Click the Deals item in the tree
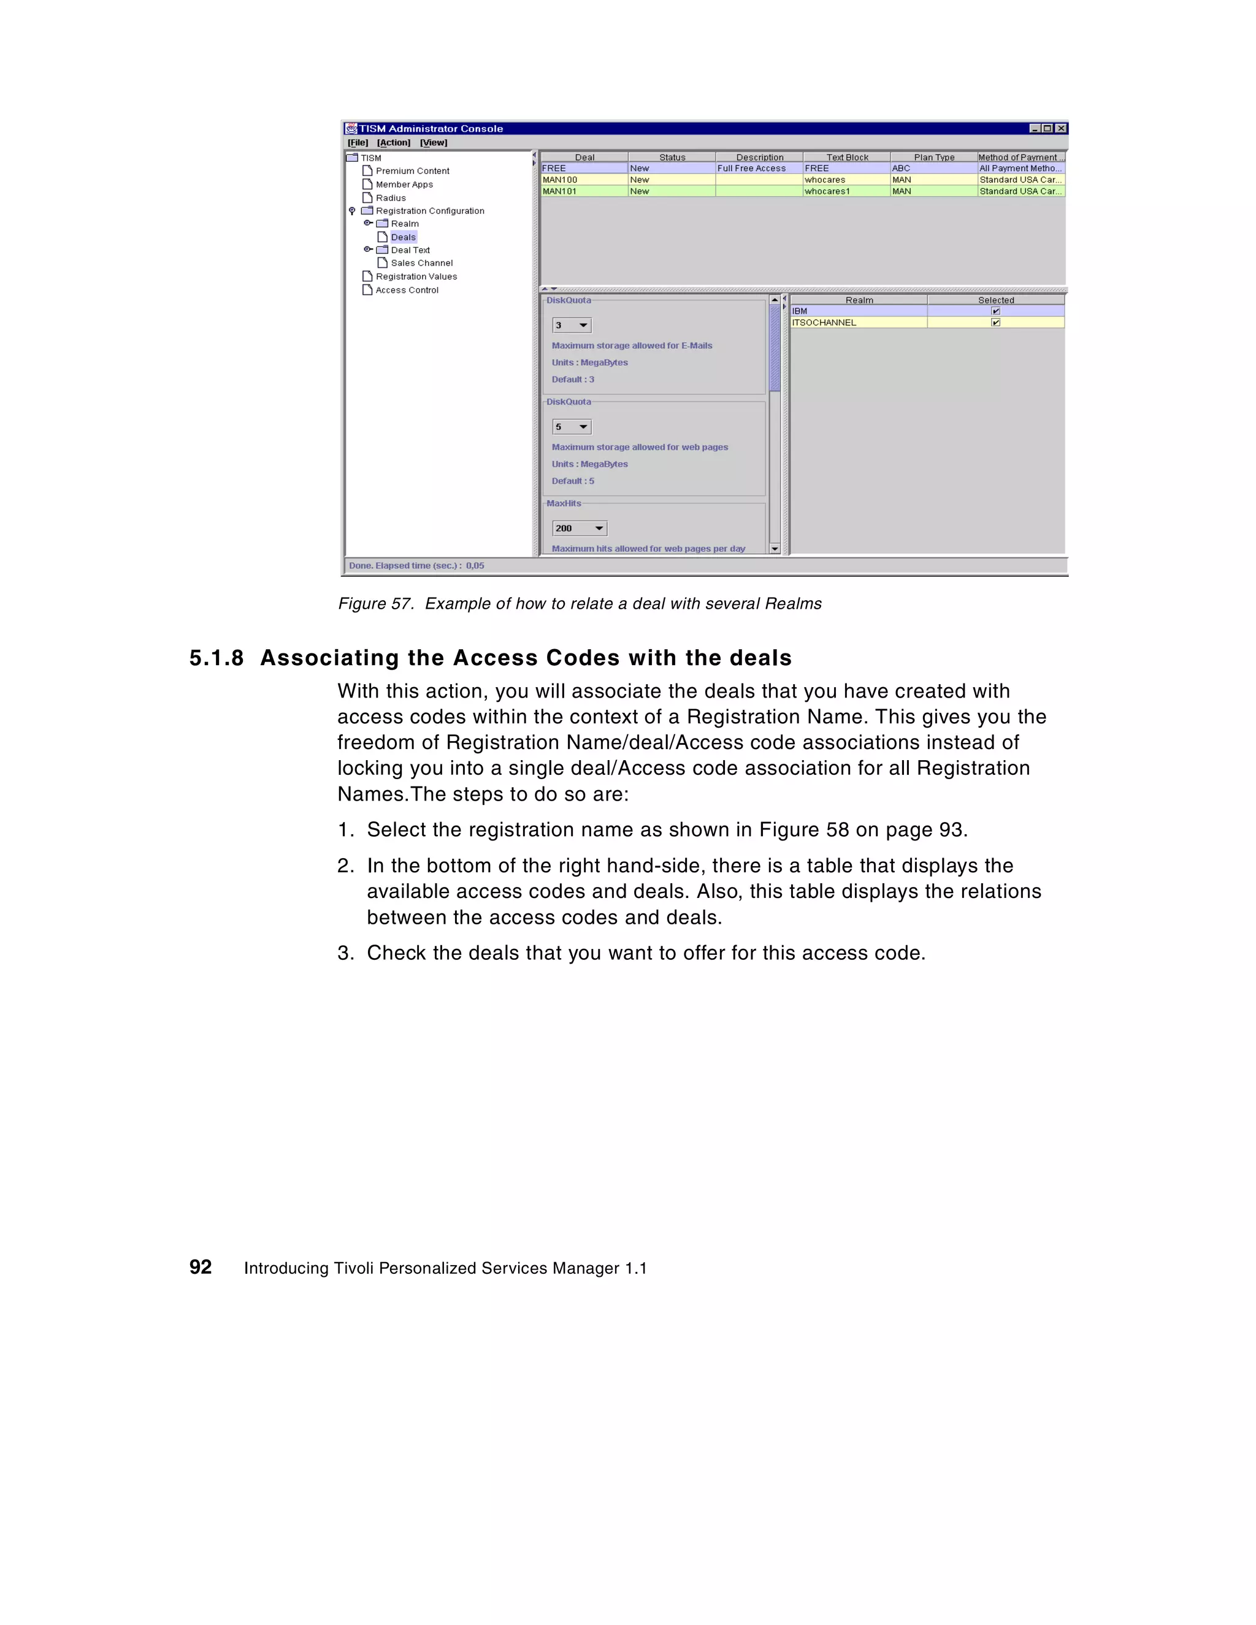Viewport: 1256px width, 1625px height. click(403, 237)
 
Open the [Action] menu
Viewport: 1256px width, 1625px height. click(393, 143)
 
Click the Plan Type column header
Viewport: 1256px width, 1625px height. click(933, 157)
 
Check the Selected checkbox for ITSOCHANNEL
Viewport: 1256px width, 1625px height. click(995, 323)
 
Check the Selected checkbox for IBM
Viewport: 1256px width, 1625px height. click(995, 311)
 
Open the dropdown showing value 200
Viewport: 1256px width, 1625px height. click(599, 528)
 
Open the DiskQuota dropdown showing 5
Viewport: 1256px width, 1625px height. click(583, 427)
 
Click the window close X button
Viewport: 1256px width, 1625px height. click(1061, 129)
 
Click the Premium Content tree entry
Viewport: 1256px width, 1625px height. click(412, 171)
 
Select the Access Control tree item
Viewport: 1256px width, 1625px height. click(407, 290)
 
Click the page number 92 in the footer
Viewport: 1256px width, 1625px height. click(201, 1267)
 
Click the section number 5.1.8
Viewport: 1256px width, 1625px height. click(216, 658)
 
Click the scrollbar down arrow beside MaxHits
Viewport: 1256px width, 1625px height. click(775, 549)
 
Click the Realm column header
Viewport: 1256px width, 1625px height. click(859, 300)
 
